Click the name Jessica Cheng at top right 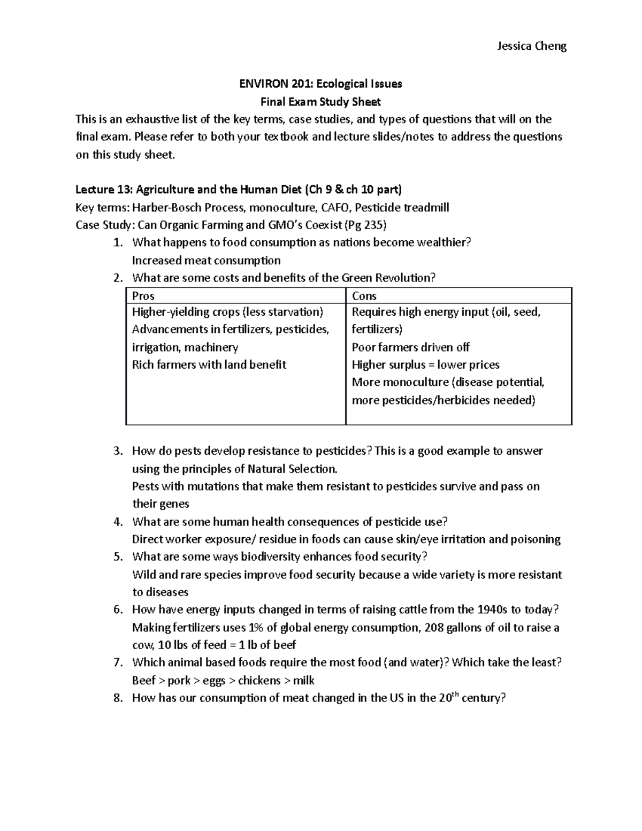coord(531,46)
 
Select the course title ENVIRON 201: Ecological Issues coord(320,83)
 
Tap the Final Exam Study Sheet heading coord(320,101)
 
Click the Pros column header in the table coord(143,296)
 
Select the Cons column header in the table coord(364,296)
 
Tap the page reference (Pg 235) coord(366,225)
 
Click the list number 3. coord(118,451)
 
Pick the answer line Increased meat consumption coord(206,261)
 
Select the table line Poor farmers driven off coord(410,347)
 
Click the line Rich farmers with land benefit coord(209,365)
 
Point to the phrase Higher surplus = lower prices coord(425,365)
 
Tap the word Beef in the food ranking coord(143,681)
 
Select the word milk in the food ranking coord(303,681)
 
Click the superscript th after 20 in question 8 coord(457,695)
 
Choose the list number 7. coord(118,663)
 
